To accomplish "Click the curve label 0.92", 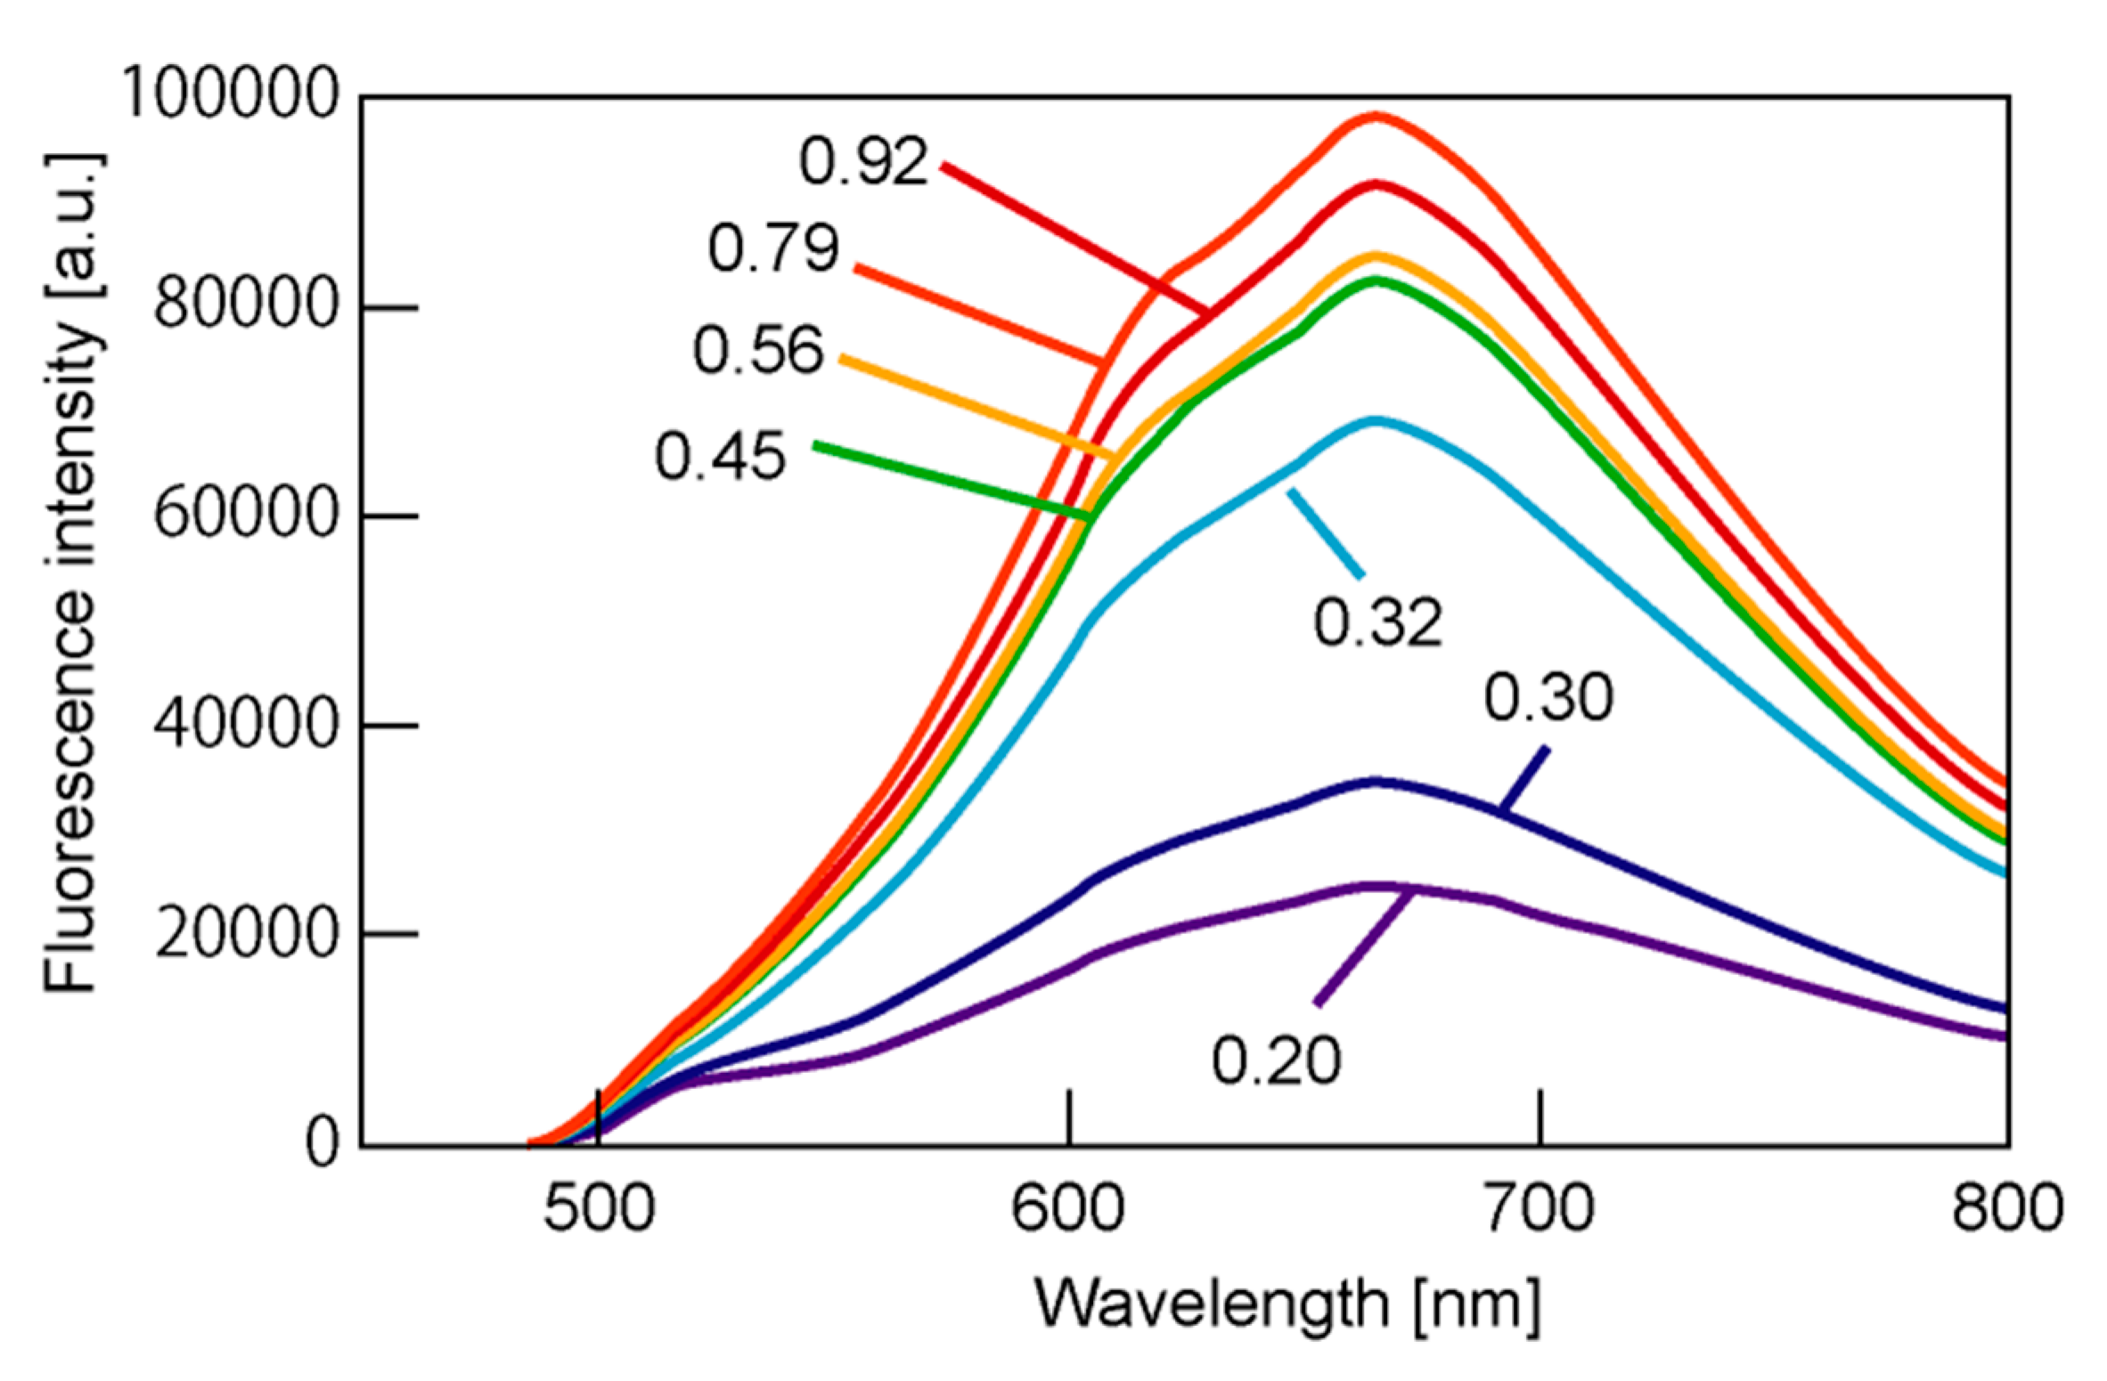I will pyautogui.click(x=862, y=163).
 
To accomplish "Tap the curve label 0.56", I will pyautogui.click(x=758, y=350).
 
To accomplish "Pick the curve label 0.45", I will pyautogui.click(x=720, y=458).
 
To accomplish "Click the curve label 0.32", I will pyautogui.click(x=1377, y=622).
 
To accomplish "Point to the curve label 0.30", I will pyautogui.click(x=1548, y=698).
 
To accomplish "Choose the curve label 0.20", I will pyautogui.click(x=1276, y=1061).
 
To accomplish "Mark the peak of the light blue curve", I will pyautogui.click(x=1376, y=419).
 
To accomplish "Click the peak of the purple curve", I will pyautogui.click(x=1376, y=886).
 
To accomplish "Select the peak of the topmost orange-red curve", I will pyautogui.click(x=1376, y=116).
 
